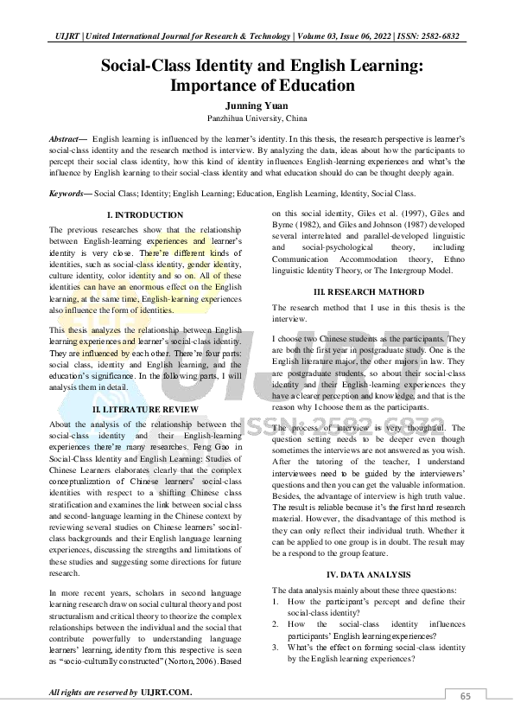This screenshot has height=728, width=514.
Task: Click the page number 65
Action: (x=466, y=697)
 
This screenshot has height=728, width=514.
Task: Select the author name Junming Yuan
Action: (x=257, y=105)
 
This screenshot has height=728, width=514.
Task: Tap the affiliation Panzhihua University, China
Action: (x=257, y=118)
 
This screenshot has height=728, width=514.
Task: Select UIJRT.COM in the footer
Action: (x=167, y=692)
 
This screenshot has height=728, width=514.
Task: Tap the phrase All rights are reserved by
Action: (x=93, y=692)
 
